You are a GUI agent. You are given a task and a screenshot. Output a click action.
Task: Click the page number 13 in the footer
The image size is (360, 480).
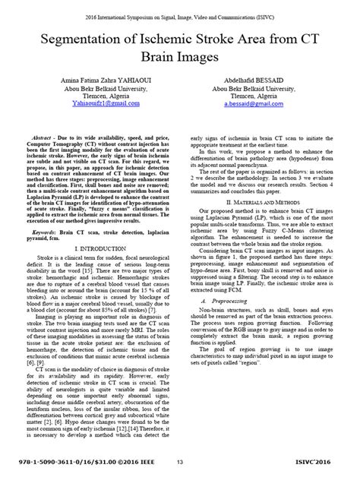coord(180,461)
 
